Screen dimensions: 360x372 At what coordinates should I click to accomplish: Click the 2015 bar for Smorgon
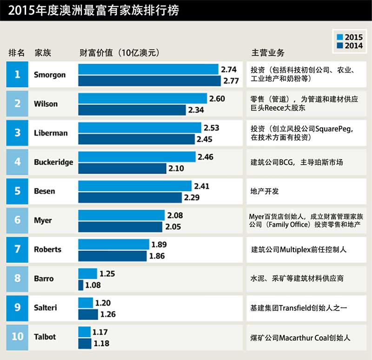click(148, 69)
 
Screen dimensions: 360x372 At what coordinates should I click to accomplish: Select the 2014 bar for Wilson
click(132, 110)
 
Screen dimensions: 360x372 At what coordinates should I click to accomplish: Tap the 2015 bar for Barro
click(87, 273)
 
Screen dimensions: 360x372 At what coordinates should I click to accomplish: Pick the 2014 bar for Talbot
click(85, 343)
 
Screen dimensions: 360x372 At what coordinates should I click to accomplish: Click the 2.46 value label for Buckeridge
click(206, 157)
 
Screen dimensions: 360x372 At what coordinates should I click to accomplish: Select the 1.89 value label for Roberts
click(159, 244)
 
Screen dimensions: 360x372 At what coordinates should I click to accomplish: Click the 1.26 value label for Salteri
click(108, 314)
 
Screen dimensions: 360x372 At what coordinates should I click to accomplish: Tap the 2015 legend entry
click(348, 37)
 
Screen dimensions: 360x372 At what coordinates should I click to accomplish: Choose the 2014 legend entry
click(348, 46)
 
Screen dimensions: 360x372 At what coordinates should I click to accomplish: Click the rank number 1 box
click(17, 74)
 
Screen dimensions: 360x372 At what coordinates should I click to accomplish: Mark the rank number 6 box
click(17, 220)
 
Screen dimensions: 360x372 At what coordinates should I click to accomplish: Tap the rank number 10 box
click(17, 336)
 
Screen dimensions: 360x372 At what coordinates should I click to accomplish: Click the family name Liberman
click(51, 133)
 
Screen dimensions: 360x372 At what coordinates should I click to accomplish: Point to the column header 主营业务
click(268, 53)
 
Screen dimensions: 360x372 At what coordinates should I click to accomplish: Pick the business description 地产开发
click(265, 191)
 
